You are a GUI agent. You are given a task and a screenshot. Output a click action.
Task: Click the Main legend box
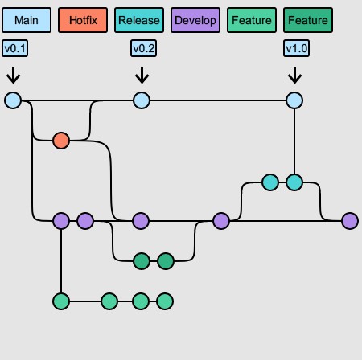click(x=27, y=20)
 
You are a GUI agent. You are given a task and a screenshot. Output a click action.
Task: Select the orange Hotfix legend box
click(x=83, y=20)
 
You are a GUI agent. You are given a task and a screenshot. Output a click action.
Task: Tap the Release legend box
click(x=139, y=20)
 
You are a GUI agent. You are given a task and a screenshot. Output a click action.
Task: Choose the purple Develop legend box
click(x=195, y=20)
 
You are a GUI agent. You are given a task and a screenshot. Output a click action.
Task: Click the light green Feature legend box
click(x=252, y=20)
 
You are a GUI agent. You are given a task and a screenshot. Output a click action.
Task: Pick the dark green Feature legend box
click(x=308, y=20)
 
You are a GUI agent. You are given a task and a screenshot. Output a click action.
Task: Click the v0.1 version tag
click(x=14, y=48)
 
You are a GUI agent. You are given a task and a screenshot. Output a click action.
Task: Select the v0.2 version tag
click(x=143, y=48)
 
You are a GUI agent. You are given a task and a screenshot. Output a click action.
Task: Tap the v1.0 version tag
click(x=296, y=48)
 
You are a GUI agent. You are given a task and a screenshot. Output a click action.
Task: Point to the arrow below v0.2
click(x=142, y=76)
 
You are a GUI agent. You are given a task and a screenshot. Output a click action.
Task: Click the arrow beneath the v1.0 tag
click(x=294, y=76)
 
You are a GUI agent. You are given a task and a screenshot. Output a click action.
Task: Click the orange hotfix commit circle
click(x=61, y=141)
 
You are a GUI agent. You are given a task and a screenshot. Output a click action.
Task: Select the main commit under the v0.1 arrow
click(x=13, y=100)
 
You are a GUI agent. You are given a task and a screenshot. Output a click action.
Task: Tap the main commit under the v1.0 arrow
click(x=294, y=100)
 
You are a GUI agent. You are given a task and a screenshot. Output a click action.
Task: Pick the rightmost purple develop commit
click(x=350, y=221)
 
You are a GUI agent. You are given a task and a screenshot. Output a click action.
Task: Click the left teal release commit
click(x=270, y=182)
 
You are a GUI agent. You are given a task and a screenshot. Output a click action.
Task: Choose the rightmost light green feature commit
click(x=165, y=301)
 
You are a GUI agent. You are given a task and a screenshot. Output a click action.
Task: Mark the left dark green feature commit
click(x=142, y=261)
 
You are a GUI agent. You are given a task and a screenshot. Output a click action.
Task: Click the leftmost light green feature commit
click(x=61, y=301)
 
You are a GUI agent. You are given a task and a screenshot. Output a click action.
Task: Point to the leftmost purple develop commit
click(x=61, y=221)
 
